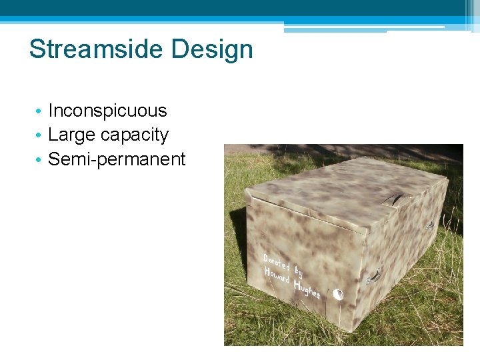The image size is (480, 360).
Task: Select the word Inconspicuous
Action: coord(107,111)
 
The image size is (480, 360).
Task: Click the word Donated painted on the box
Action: coord(277,263)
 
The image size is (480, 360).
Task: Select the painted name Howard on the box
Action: coord(277,276)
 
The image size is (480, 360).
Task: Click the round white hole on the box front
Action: coord(338,294)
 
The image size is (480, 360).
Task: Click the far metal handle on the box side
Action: coord(429,225)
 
